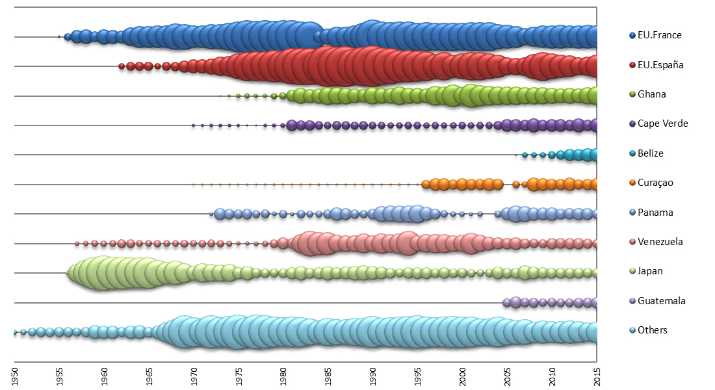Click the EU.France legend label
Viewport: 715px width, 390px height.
point(659,35)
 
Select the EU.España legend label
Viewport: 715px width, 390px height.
point(660,65)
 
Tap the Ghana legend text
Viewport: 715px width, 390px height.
point(651,94)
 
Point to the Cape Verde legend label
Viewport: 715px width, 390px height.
point(662,123)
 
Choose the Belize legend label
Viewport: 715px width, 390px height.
point(651,153)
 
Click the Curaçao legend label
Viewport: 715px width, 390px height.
point(655,183)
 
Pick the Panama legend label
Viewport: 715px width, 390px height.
point(655,213)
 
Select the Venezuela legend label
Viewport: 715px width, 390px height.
point(660,242)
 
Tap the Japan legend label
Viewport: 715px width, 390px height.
point(650,271)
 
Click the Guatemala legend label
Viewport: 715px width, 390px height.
point(661,301)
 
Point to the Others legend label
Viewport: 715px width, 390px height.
point(653,330)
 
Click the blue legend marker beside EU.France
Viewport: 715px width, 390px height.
point(632,35)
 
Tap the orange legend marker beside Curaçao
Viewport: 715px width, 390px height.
point(632,183)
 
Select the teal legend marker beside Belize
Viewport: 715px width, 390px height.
point(632,153)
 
